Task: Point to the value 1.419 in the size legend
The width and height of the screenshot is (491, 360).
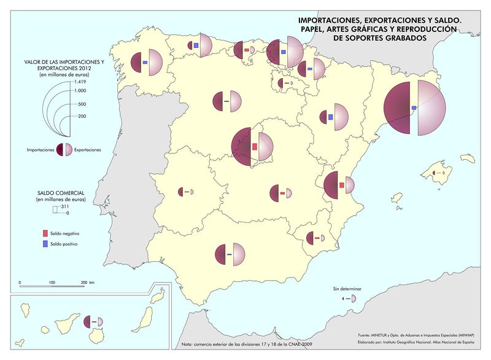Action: click(x=80, y=82)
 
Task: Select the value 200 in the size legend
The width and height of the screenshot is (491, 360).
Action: click(x=82, y=115)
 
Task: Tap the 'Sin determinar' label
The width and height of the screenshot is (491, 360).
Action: click(x=344, y=288)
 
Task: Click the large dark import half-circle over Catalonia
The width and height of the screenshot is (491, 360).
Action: click(x=399, y=109)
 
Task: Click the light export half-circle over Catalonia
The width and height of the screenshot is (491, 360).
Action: click(x=430, y=109)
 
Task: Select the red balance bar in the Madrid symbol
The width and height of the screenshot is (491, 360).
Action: click(x=255, y=147)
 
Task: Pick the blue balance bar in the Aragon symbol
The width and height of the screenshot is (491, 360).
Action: click(x=330, y=117)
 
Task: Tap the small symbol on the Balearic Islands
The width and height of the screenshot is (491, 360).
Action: click(x=438, y=174)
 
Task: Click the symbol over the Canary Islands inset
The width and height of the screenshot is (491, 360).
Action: click(x=94, y=321)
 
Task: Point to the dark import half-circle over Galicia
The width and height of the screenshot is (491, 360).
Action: click(x=138, y=63)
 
